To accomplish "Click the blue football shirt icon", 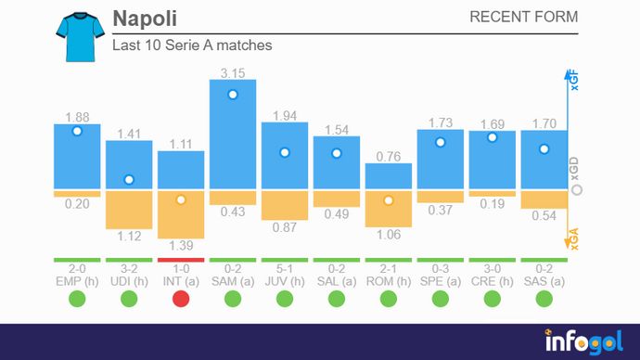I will (76, 37).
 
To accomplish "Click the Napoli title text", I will (144, 19).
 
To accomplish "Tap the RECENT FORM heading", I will (523, 18).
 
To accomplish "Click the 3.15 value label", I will (233, 71).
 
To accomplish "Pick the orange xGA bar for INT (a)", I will (181, 215).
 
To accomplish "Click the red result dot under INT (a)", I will (181, 298).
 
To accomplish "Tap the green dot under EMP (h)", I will (77, 298).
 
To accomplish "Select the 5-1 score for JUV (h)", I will (285, 268).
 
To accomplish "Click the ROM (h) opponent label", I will (389, 279).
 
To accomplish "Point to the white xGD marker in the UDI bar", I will (129, 180).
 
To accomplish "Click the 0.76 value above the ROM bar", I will (389, 157).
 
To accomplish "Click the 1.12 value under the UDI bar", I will (129, 237).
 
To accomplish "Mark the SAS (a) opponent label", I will (544, 279).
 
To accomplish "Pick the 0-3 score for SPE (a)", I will (441, 268).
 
